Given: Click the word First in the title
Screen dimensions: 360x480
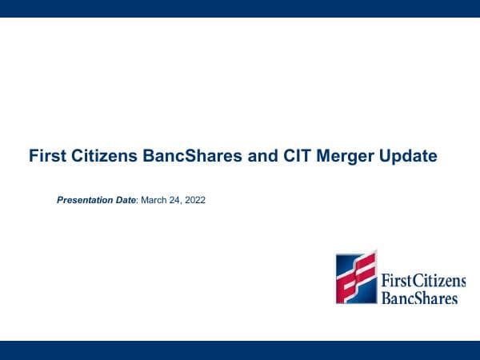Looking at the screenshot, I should (x=45, y=156).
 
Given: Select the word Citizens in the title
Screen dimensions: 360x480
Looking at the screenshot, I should (x=96, y=156).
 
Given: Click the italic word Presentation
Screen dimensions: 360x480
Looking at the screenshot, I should (x=84, y=200).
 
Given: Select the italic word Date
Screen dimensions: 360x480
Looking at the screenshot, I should (x=125, y=200).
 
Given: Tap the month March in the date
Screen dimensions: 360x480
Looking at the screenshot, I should (x=154, y=200).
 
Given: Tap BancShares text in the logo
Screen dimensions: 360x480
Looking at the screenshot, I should (x=420, y=298).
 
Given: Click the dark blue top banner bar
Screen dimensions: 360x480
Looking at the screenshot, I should (x=240, y=8).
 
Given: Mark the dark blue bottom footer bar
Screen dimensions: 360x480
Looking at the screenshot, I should (x=240, y=350).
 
